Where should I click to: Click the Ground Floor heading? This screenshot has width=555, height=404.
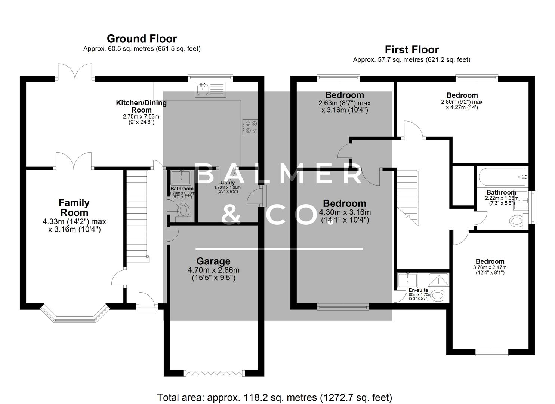pos(142,39)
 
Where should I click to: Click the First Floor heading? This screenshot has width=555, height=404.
pos(411,49)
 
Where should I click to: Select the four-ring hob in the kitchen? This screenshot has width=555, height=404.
pos(250,126)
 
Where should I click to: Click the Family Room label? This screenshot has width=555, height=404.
pos(74,208)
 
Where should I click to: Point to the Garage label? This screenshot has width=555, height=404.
pos(213,261)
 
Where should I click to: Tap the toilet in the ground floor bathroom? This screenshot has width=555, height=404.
pos(184,210)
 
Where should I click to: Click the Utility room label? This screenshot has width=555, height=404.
pos(227,183)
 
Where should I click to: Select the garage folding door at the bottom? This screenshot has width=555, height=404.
pos(213,373)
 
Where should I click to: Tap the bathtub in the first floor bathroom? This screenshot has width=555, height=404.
pos(502,177)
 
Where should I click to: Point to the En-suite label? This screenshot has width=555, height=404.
pos(418,290)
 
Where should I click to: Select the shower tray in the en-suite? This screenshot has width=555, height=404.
pos(438,279)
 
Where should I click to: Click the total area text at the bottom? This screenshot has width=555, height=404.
pos(274,397)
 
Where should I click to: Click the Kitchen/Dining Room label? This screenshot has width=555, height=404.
pos(141,106)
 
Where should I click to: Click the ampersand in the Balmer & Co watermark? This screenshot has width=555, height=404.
pos(231,214)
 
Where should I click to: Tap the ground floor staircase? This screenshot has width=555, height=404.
pos(136,213)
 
